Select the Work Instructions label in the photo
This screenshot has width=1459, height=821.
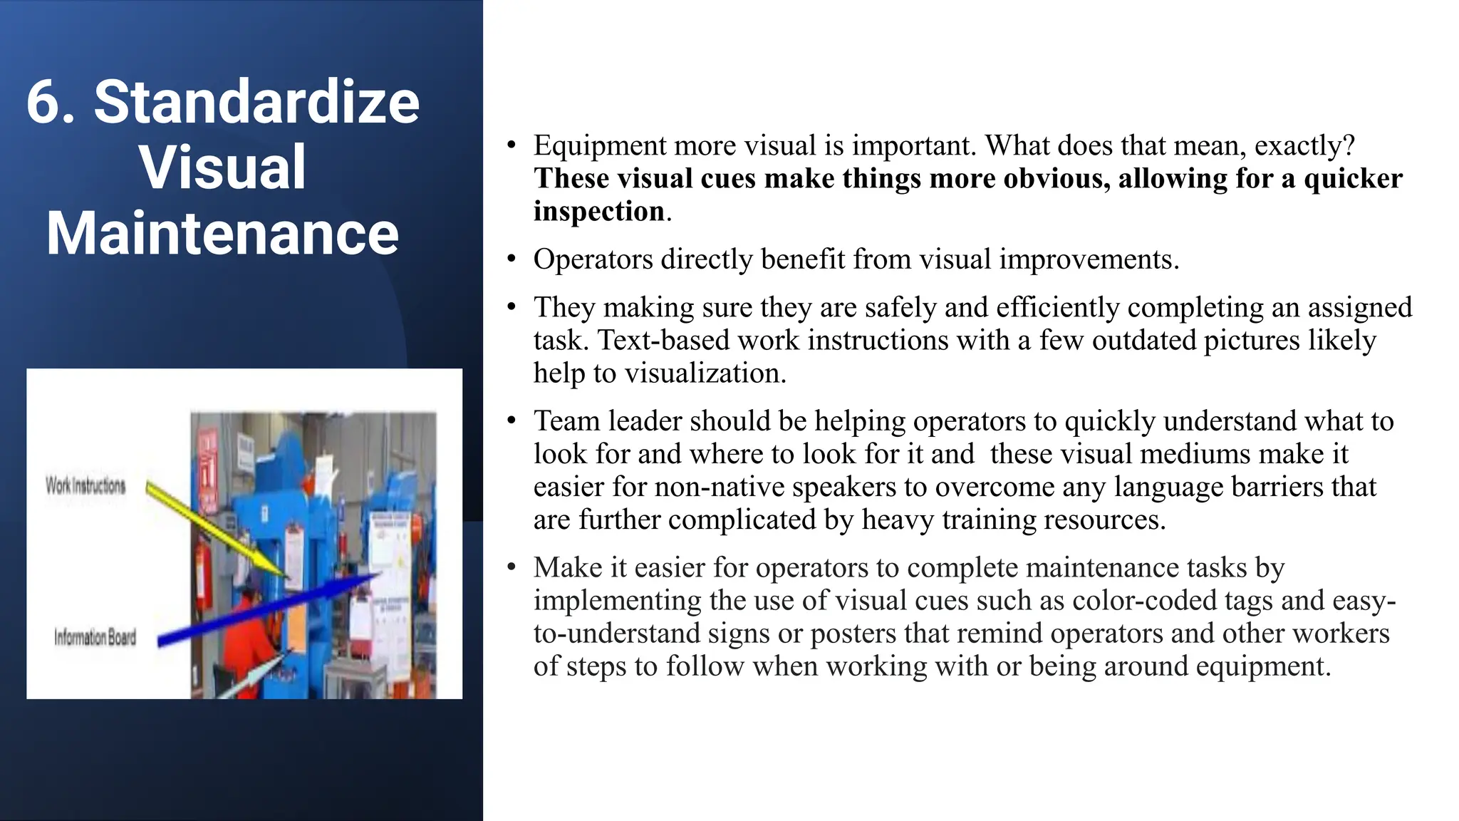85,486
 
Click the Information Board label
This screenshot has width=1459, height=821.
95,637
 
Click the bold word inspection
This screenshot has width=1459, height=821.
599,212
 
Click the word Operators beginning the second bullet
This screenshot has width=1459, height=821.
593,259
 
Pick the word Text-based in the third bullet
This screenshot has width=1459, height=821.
663,341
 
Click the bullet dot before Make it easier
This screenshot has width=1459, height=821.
511,567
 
